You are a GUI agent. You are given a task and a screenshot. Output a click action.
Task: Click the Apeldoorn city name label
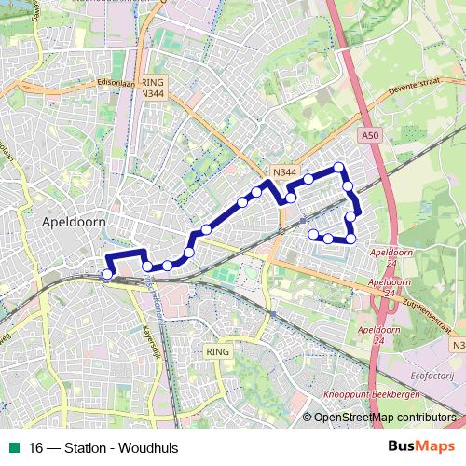[74, 224]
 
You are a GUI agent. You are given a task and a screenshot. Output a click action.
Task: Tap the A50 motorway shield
[371, 135]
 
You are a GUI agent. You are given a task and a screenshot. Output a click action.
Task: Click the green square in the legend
[13, 447]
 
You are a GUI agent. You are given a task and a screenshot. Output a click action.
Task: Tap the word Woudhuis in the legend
[148, 447]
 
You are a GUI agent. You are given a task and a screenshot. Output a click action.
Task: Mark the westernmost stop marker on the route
[107, 274]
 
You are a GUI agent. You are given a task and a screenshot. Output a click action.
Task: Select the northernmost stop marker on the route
[339, 168]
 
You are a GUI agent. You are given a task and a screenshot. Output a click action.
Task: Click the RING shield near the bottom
[216, 351]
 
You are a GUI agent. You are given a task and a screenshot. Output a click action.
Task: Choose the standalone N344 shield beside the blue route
[285, 172]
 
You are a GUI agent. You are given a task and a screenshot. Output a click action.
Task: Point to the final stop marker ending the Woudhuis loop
[314, 235]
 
